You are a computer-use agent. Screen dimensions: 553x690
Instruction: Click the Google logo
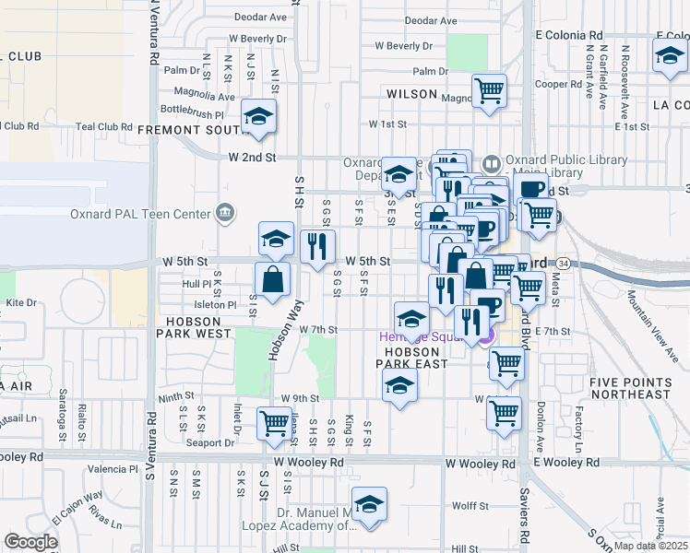click(30, 542)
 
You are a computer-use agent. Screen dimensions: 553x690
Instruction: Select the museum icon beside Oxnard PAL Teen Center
click(223, 214)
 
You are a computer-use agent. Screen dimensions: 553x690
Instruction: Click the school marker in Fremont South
click(259, 117)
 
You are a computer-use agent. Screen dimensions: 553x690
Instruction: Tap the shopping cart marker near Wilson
click(489, 91)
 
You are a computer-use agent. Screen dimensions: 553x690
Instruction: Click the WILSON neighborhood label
click(411, 94)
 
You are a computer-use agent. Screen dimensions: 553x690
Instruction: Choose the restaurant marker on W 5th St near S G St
click(316, 247)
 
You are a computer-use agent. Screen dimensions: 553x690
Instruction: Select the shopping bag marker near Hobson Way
click(273, 280)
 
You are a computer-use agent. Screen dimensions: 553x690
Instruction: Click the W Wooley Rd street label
click(308, 462)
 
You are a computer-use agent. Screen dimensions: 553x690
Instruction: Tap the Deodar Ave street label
click(431, 20)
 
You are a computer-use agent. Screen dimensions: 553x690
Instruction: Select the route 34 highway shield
click(562, 264)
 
